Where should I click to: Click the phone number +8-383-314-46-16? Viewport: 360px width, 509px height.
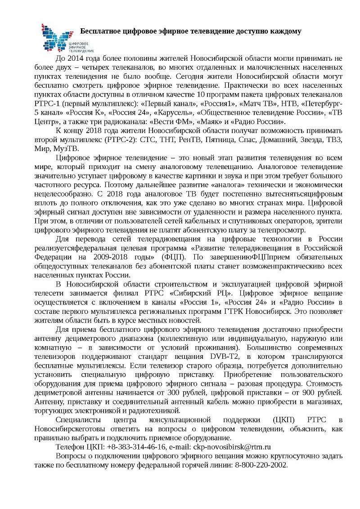135,447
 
